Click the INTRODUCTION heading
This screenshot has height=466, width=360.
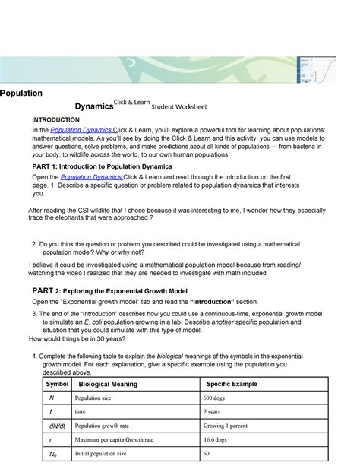pos(56,120)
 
